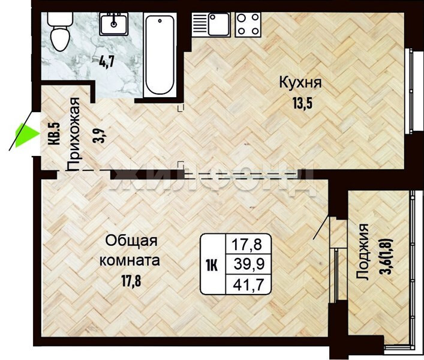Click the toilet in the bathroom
pos(59,32)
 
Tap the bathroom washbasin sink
pos(114,25)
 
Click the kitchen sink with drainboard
pos(211,25)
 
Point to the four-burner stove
pos(248,25)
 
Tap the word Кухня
pos(300,82)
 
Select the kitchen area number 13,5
pos(302,103)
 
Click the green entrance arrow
pos(26,134)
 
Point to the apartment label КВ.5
pos(55,134)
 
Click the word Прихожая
pos(73,134)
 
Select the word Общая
pos(131,241)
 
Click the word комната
pos(130,260)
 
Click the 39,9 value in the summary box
pos(249,264)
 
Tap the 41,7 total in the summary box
pos(248,285)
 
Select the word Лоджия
pos(362,251)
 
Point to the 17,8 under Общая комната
pos(131,281)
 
